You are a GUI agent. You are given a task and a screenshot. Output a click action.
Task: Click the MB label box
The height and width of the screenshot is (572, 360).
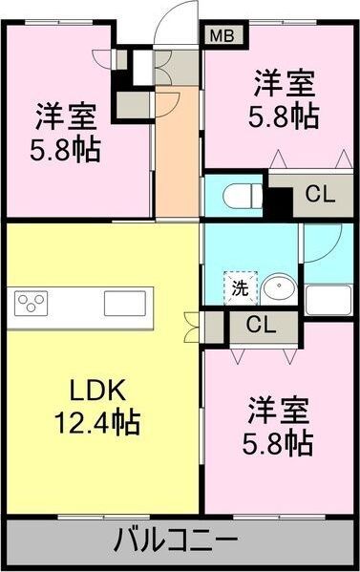pos(222,36)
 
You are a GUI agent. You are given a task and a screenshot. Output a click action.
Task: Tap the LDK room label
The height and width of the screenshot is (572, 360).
pos(94,391)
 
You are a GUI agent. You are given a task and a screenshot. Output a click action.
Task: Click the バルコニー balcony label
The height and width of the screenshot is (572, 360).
pos(177,540)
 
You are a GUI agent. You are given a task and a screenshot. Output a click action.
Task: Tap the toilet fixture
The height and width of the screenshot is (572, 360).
pos(238,196)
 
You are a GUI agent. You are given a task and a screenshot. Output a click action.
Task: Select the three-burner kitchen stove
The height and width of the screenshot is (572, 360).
pos(32,305)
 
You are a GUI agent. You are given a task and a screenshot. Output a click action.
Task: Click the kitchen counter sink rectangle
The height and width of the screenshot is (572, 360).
pos(123,305)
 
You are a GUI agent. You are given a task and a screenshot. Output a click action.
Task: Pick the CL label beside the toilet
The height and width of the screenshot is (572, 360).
pos(319,195)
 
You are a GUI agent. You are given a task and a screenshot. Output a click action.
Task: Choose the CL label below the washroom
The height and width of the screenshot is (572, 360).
pos(259,325)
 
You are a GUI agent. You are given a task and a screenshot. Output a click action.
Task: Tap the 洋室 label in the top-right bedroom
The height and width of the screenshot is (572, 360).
pos(284,84)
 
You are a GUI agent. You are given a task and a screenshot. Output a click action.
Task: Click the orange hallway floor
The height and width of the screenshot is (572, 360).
pos(177,162)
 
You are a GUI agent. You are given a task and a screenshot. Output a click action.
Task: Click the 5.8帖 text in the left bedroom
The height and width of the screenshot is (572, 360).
pos(65,150)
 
